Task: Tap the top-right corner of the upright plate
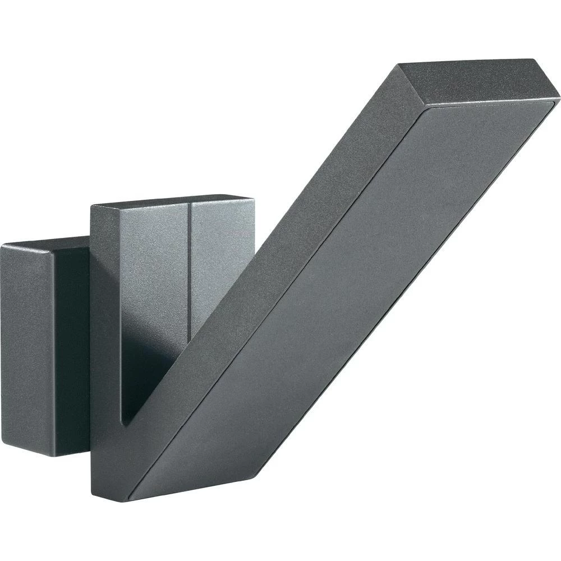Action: click(x=254, y=197)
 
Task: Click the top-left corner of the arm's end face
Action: click(x=399, y=65)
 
